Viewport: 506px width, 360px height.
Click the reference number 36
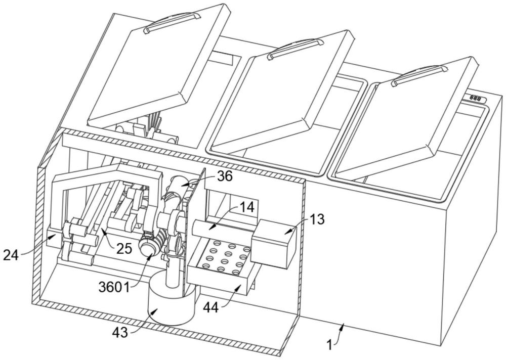[225, 176]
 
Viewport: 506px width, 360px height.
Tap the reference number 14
[246, 207]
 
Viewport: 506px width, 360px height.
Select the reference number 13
[317, 219]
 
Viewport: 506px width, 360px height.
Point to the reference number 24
[11, 255]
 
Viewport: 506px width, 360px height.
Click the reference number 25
[124, 249]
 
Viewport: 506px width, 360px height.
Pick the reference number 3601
[114, 287]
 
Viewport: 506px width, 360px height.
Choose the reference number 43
[120, 332]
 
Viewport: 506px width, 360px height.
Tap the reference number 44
[211, 307]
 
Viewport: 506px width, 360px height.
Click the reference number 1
[329, 345]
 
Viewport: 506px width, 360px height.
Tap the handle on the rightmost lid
[420, 75]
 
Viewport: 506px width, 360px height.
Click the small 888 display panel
[476, 98]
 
